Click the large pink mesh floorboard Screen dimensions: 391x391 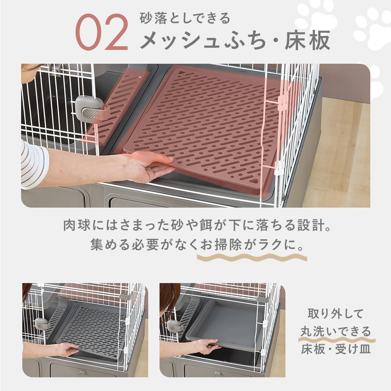(x=207, y=125)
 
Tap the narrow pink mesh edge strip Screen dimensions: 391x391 (x=117, y=106)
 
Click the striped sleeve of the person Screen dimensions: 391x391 (x=33, y=164)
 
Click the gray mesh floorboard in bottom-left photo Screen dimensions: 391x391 (x=94, y=328)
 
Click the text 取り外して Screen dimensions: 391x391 (x=335, y=314)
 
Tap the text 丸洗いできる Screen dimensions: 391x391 (x=335, y=332)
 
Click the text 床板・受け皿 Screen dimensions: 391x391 (x=335, y=349)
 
